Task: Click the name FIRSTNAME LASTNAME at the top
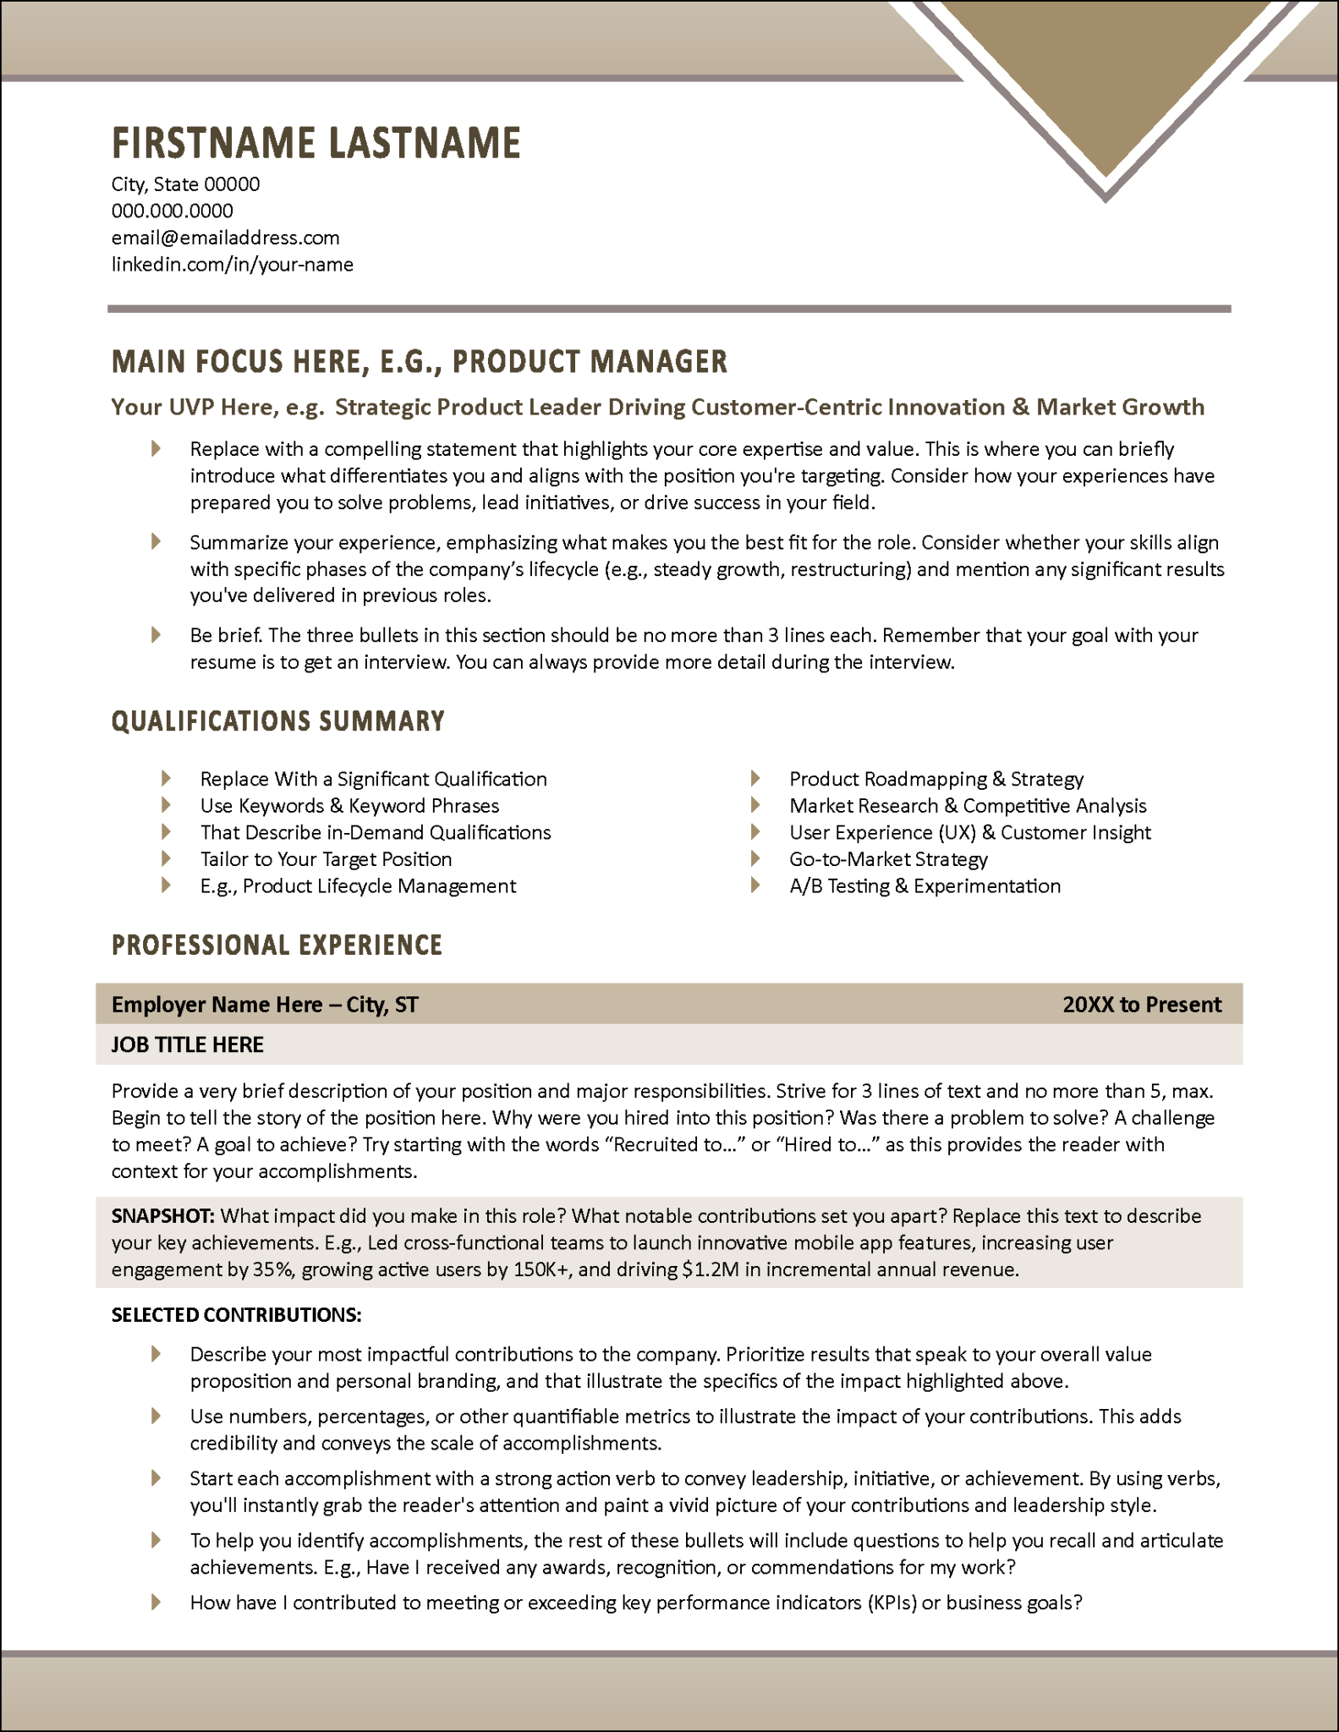(x=316, y=143)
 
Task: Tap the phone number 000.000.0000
(x=172, y=211)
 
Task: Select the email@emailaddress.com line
(x=225, y=238)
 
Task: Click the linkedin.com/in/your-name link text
(x=232, y=265)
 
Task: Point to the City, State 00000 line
(x=185, y=184)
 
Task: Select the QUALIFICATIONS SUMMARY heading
(x=277, y=721)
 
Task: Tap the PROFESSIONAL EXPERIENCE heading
(x=277, y=945)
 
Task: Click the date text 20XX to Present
(x=1141, y=1005)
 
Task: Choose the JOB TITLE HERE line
(x=187, y=1045)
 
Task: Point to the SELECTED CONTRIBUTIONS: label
(x=236, y=1315)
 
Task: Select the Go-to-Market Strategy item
(x=887, y=859)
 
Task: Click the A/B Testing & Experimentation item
(x=924, y=886)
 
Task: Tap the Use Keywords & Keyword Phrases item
(x=349, y=806)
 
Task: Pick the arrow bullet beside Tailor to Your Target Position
(x=166, y=859)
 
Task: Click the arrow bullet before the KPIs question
(x=156, y=1602)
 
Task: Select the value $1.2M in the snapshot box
(x=710, y=1269)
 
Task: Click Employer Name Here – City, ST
(x=265, y=1005)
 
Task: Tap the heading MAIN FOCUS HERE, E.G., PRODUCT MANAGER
(x=419, y=362)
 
